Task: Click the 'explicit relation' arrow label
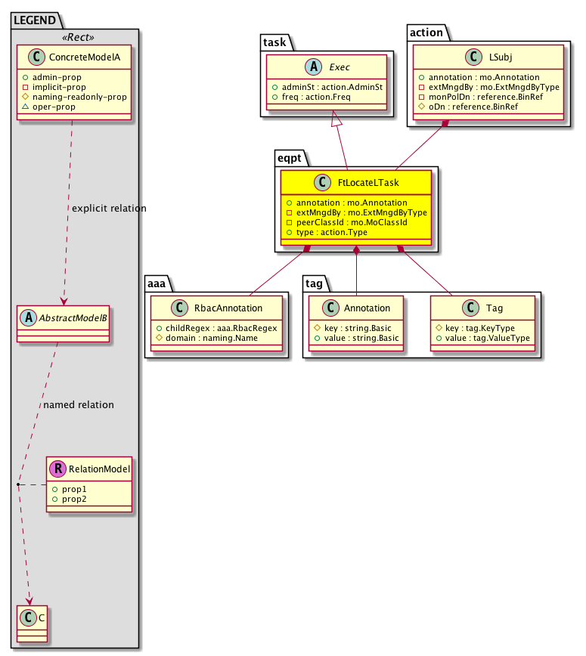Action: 109,208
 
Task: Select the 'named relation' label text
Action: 79,405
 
